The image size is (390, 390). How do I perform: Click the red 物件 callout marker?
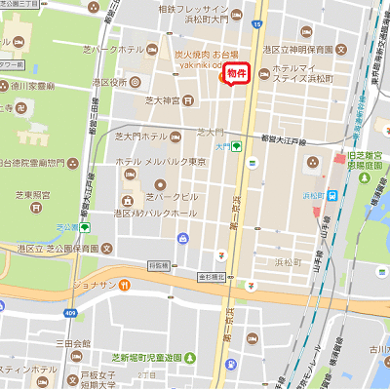coord(237,74)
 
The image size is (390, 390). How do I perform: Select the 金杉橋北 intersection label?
coord(212,277)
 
